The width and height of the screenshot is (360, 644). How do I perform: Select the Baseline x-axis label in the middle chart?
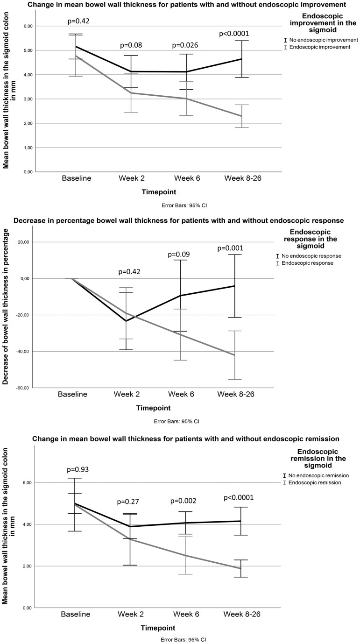[x=72, y=394]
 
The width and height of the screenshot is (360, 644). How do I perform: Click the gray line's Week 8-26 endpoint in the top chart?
[x=241, y=116]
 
